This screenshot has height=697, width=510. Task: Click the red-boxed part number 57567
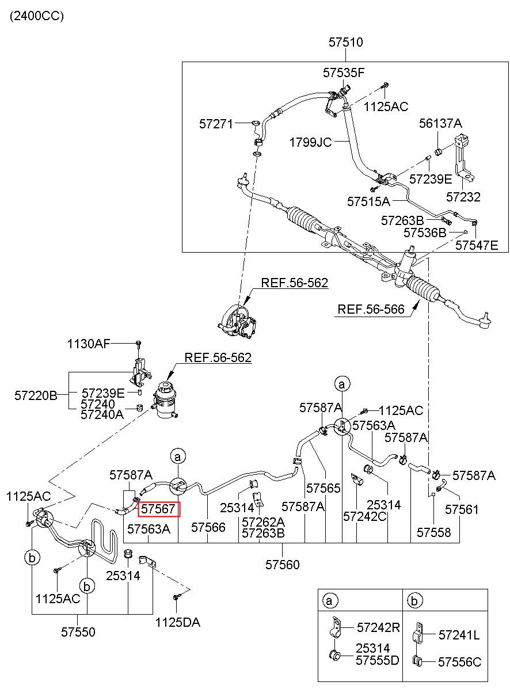(158, 509)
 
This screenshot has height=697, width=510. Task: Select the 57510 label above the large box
(346, 43)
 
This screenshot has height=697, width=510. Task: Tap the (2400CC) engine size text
(37, 16)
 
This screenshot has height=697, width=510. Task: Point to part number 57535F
(344, 73)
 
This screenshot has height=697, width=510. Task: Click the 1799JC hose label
(310, 143)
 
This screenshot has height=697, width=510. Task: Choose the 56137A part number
(440, 124)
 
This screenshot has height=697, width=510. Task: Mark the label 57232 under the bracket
(463, 197)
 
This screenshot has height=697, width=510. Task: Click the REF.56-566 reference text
(371, 309)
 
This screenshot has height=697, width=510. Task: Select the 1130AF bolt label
(89, 344)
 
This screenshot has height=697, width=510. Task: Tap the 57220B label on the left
(36, 396)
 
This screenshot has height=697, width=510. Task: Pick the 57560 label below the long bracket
(282, 565)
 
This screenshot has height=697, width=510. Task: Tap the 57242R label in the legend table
(378, 627)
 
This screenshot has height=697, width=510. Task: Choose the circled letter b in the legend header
(414, 601)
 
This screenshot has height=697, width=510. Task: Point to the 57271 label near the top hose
(216, 124)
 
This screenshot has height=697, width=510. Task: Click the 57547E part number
(477, 246)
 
